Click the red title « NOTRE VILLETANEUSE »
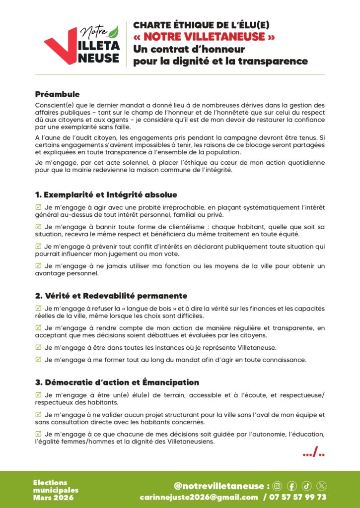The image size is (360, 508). pyautogui.click(x=204, y=37)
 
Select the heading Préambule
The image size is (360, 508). pyautogui.click(x=57, y=94)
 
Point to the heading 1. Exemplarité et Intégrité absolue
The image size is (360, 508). pyautogui.click(x=106, y=194)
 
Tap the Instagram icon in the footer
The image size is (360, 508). pyautogui.click(x=278, y=486)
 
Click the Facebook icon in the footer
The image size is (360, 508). pyautogui.click(x=292, y=486)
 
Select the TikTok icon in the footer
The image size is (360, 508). pyautogui.click(x=306, y=486)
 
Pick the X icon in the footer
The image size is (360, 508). pyautogui.click(x=321, y=486)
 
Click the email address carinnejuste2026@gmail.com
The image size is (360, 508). pyautogui.click(x=199, y=497)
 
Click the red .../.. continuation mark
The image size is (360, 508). pyautogui.click(x=314, y=453)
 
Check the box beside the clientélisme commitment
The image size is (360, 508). pyautogui.click(x=38, y=226)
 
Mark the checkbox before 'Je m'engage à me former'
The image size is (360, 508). pyautogui.click(x=38, y=359)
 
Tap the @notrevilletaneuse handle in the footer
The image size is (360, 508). pyautogui.click(x=219, y=486)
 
